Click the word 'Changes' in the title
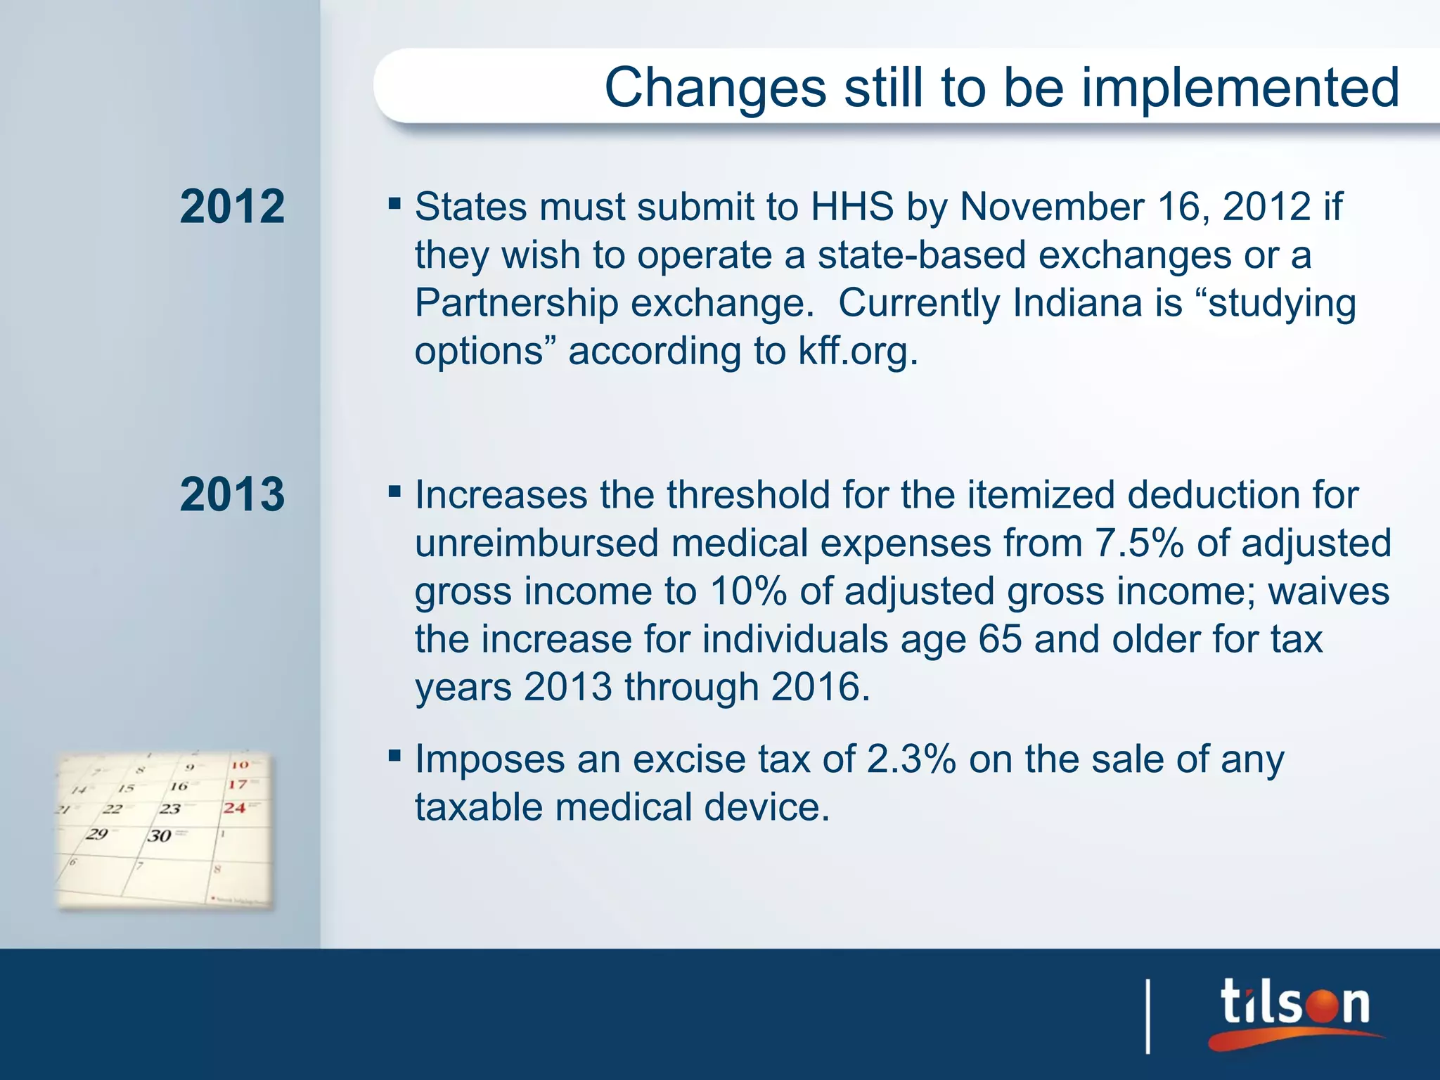point(715,88)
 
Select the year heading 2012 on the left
point(232,207)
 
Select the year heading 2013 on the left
point(232,494)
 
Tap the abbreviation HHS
point(851,207)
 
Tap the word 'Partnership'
point(517,303)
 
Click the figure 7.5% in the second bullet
point(1139,543)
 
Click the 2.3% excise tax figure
point(911,759)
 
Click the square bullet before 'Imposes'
point(394,757)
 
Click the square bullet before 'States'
point(394,205)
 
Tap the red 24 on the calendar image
point(235,808)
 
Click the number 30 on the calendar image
point(160,836)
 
